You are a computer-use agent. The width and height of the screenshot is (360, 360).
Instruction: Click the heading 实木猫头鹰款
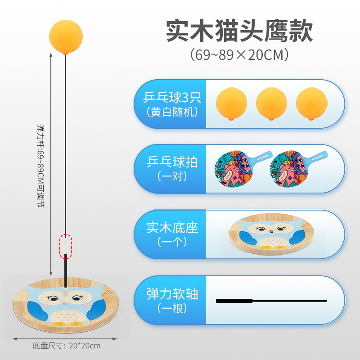coord(239,31)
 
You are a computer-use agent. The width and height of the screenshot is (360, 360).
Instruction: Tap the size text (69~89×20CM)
coord(239,55)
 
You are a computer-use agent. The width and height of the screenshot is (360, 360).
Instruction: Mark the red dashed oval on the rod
coord(66,246)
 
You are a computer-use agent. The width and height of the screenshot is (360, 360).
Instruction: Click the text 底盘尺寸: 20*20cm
coord(67,346)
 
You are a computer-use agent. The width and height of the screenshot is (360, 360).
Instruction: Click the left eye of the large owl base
coord(53,298)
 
